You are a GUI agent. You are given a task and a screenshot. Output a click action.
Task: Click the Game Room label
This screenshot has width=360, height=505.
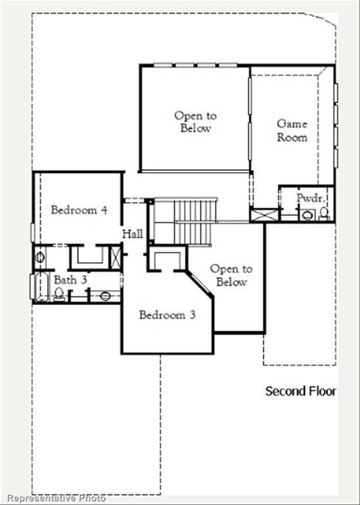click(292, 130)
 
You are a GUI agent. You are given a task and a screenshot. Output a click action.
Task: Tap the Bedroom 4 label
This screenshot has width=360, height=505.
click(79, 210)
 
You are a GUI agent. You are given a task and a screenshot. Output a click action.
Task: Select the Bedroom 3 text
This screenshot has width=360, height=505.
click(167, 315)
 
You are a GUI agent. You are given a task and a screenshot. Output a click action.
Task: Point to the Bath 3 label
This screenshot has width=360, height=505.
click(70, 280)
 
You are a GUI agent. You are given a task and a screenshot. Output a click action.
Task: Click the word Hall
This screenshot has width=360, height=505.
click(132, 233)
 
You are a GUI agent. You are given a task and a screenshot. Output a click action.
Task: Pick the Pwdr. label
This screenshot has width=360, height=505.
click(308, 197)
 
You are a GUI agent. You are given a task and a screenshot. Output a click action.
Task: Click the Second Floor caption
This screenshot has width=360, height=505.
click(300, 391)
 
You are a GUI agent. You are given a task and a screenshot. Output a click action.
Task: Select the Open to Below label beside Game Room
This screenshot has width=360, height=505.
click(195, 122)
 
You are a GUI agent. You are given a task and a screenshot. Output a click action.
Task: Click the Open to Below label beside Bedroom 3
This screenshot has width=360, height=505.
click(231, 276)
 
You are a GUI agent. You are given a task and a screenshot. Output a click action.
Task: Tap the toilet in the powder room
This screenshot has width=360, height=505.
click(324, 213)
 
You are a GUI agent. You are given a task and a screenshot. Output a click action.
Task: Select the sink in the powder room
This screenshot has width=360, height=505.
click(306, 214)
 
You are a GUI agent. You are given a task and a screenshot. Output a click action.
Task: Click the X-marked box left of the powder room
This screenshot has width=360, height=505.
click(264, 214)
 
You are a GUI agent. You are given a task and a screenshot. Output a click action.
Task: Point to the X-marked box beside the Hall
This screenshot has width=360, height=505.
click(116, 256)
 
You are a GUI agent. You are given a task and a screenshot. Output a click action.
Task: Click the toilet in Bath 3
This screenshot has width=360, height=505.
click(60, 295)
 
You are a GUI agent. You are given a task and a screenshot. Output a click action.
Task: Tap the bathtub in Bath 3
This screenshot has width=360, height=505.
click(37, 287)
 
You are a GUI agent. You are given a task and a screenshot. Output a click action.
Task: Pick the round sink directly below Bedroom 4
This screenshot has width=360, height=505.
click(39, 257)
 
